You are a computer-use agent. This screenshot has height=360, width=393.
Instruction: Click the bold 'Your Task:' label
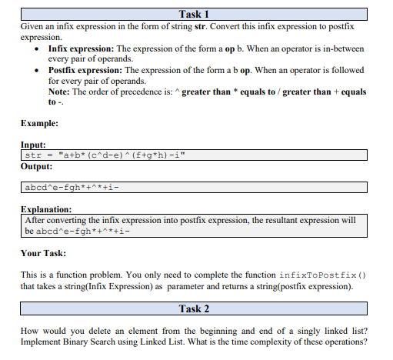[x=42, y=253]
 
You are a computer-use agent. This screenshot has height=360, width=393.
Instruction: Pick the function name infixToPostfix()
[x=315, y=275]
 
